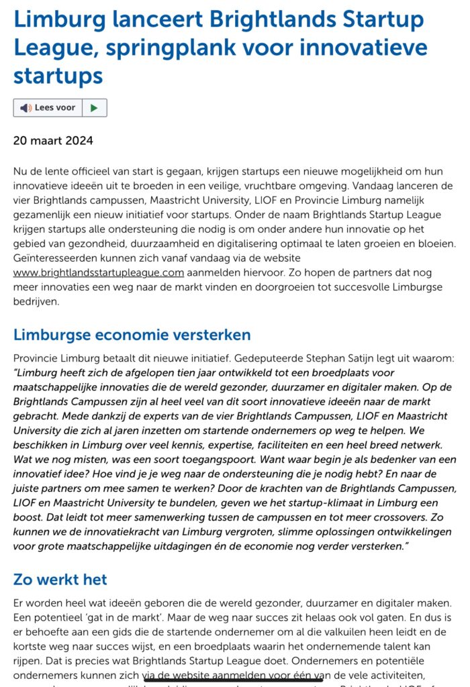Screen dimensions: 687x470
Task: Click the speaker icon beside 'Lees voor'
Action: (x=26, y=107)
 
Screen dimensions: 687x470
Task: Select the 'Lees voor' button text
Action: (x=55, y=107)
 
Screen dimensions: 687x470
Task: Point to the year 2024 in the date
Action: (x=79, y=141)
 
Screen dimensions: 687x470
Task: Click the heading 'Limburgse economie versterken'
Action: (x=132, y=334)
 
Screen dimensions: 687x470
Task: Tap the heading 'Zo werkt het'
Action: (x=60, y=579)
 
